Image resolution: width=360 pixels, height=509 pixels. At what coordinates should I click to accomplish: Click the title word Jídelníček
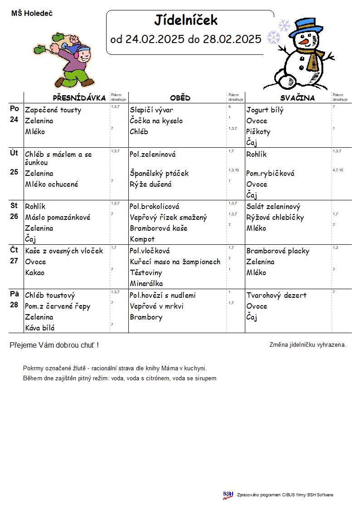(x=186, y=20)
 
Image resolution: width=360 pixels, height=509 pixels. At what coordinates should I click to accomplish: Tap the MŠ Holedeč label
(x=32, y=14)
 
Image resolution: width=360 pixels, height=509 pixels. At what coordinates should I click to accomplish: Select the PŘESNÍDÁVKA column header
(x=79, y=98)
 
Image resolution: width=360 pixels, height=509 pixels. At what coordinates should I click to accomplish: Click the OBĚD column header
(x=180, y=98)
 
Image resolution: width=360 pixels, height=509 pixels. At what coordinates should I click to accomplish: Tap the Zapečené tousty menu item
(x=53, y=110)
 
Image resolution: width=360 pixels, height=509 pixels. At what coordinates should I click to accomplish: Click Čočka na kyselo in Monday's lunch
(x=156, y=121)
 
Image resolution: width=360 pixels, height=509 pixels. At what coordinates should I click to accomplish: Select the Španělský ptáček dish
(x=159, y=174)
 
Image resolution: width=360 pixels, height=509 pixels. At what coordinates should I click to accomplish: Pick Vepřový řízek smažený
(x=168, y=218)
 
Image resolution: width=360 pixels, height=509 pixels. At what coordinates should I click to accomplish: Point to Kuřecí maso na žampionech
(x=175, y=262)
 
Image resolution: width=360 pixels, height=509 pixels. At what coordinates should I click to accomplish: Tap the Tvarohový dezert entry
(x=276, y=296)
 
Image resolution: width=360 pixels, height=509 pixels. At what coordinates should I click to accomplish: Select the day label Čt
(x=14, y=250)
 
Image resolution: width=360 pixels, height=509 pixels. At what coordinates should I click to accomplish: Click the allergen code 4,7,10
(x=337, y=170)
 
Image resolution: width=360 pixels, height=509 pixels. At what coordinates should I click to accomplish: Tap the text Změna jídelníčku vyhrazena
(x=307, y=345)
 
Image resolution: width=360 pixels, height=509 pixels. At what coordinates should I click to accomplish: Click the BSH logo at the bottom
(x=228, y=495)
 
